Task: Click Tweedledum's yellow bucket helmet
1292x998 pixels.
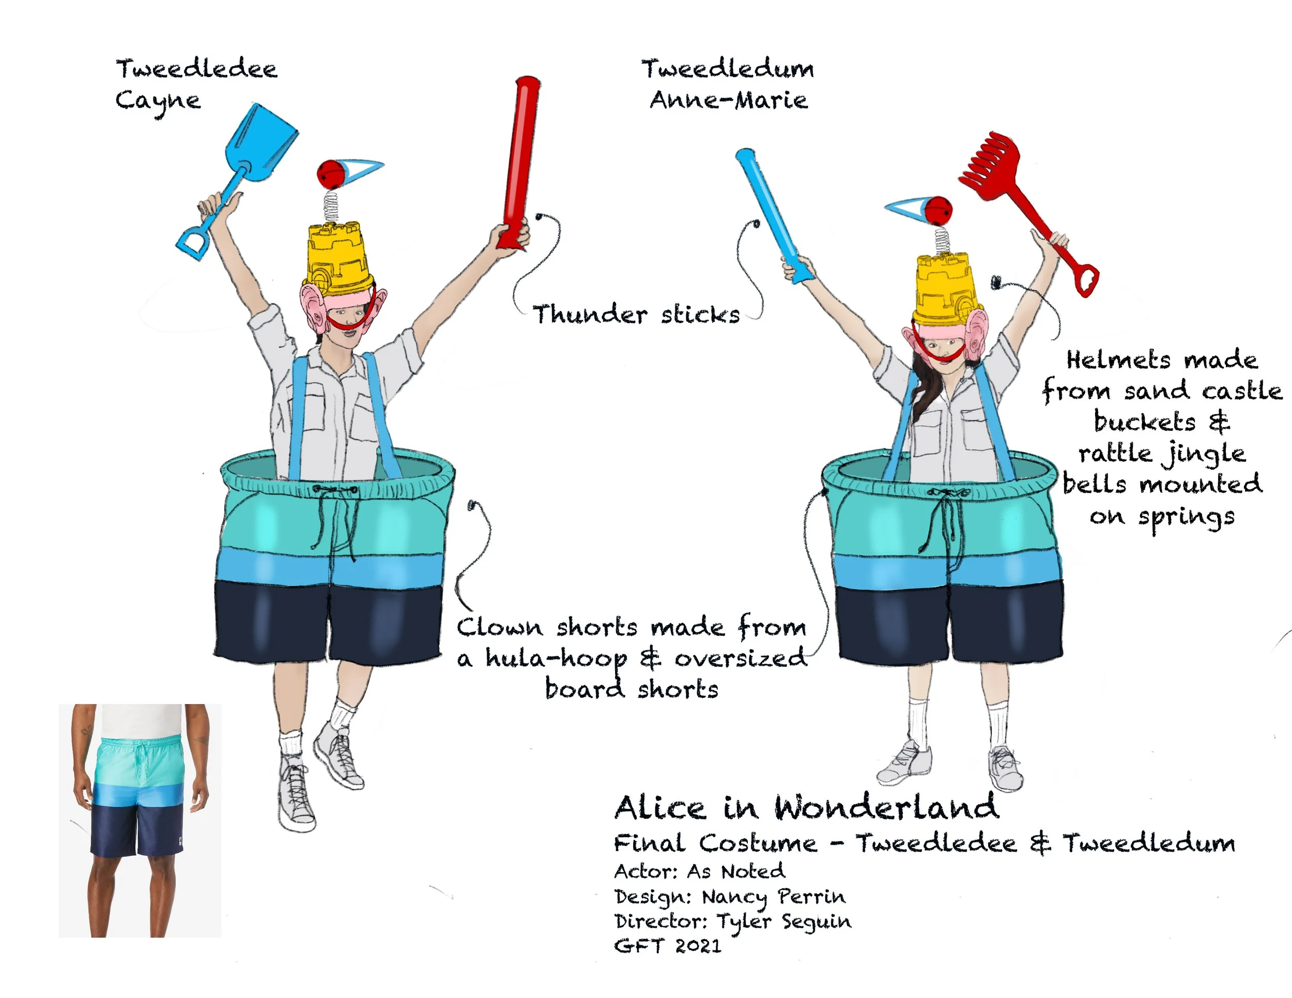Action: (x=944, y=287)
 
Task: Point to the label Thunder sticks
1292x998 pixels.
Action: (x=636, y=314)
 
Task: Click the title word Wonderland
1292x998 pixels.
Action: (x=887, y=807)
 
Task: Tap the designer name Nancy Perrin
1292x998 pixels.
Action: (x=774, y=897)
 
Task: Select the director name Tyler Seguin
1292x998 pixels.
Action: (x=784, y=922)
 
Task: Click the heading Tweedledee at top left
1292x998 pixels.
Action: (x=196, y=69)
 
